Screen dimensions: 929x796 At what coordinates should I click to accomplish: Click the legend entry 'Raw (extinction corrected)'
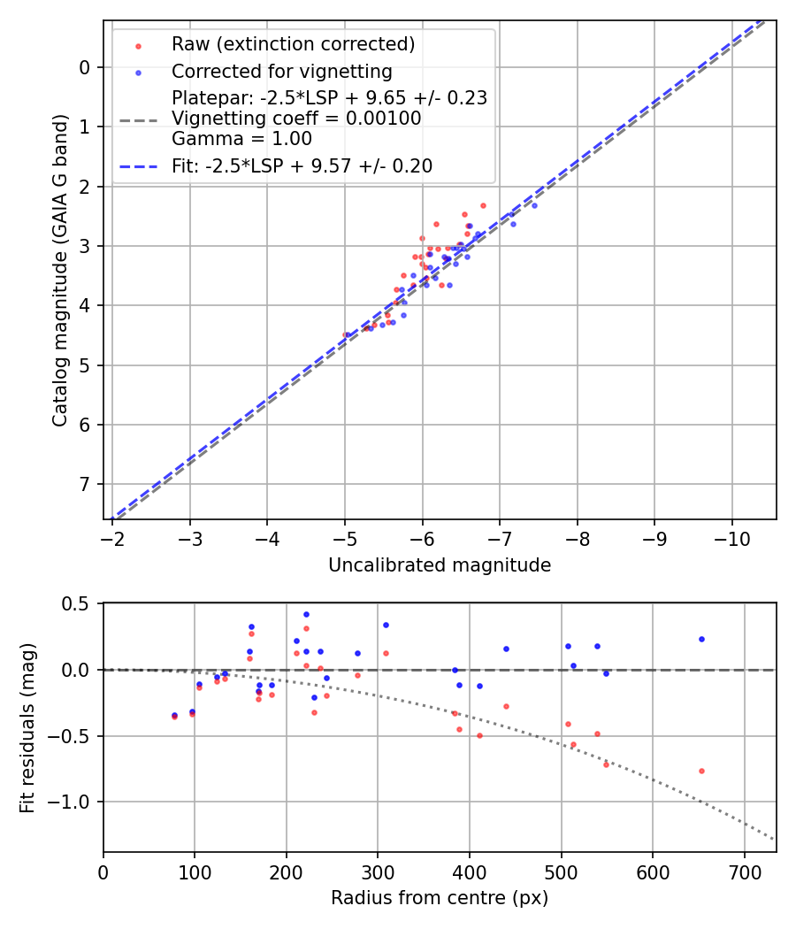pos(293,44)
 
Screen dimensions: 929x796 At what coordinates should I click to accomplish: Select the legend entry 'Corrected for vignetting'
pos(281,71)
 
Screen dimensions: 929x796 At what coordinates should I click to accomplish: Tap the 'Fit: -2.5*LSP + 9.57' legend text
pos(302,165)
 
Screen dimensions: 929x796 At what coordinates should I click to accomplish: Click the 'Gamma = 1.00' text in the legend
pos(241,139)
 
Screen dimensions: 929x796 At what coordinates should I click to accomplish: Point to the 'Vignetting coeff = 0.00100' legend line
pos(296,119)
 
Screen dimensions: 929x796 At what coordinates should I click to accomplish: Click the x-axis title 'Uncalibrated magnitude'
pos(440,565)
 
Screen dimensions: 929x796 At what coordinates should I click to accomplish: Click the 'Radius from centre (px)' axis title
pos(440,898)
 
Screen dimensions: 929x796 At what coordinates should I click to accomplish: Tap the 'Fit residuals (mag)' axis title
pos(27,726)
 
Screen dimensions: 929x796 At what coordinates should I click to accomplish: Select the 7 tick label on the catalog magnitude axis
pos(85,484)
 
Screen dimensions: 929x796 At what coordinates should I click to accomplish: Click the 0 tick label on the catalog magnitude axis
pos(85,67)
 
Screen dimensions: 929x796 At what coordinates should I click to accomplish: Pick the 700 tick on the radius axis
pos(744,871)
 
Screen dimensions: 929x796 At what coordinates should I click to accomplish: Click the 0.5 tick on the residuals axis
pos(79,603)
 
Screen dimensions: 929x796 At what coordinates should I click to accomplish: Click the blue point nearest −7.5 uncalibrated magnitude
pos(534,205)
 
